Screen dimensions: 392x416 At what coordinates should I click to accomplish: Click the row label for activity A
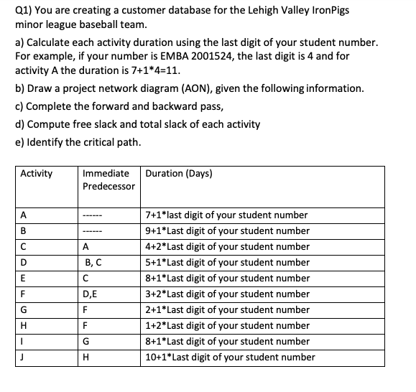[24, 215]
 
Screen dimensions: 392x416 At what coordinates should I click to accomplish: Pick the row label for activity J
[23, 357]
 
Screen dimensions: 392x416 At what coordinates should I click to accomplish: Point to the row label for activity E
[24, 278]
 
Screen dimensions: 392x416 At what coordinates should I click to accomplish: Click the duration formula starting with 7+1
[226, 215]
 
